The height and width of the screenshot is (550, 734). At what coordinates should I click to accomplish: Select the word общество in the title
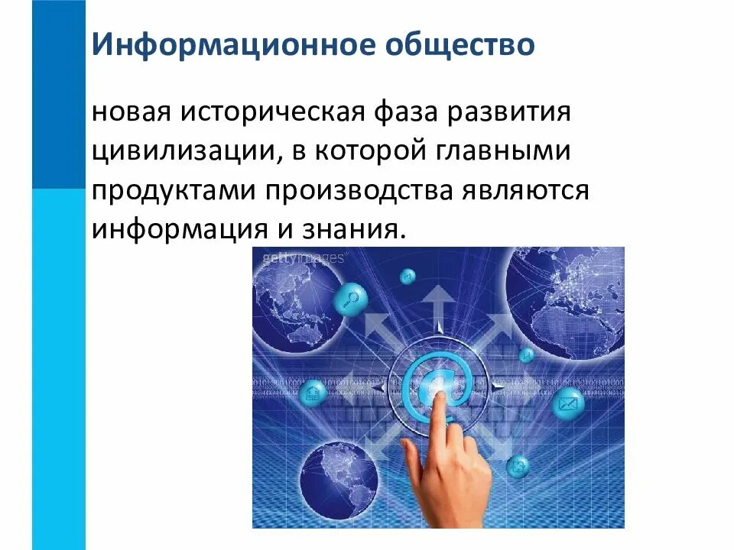point(453,45)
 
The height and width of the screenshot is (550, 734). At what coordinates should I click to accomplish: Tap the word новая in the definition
point(132,112)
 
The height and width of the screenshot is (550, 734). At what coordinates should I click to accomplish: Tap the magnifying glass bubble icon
point(353,297)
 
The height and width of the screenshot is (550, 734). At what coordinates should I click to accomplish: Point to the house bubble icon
point(313,393)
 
